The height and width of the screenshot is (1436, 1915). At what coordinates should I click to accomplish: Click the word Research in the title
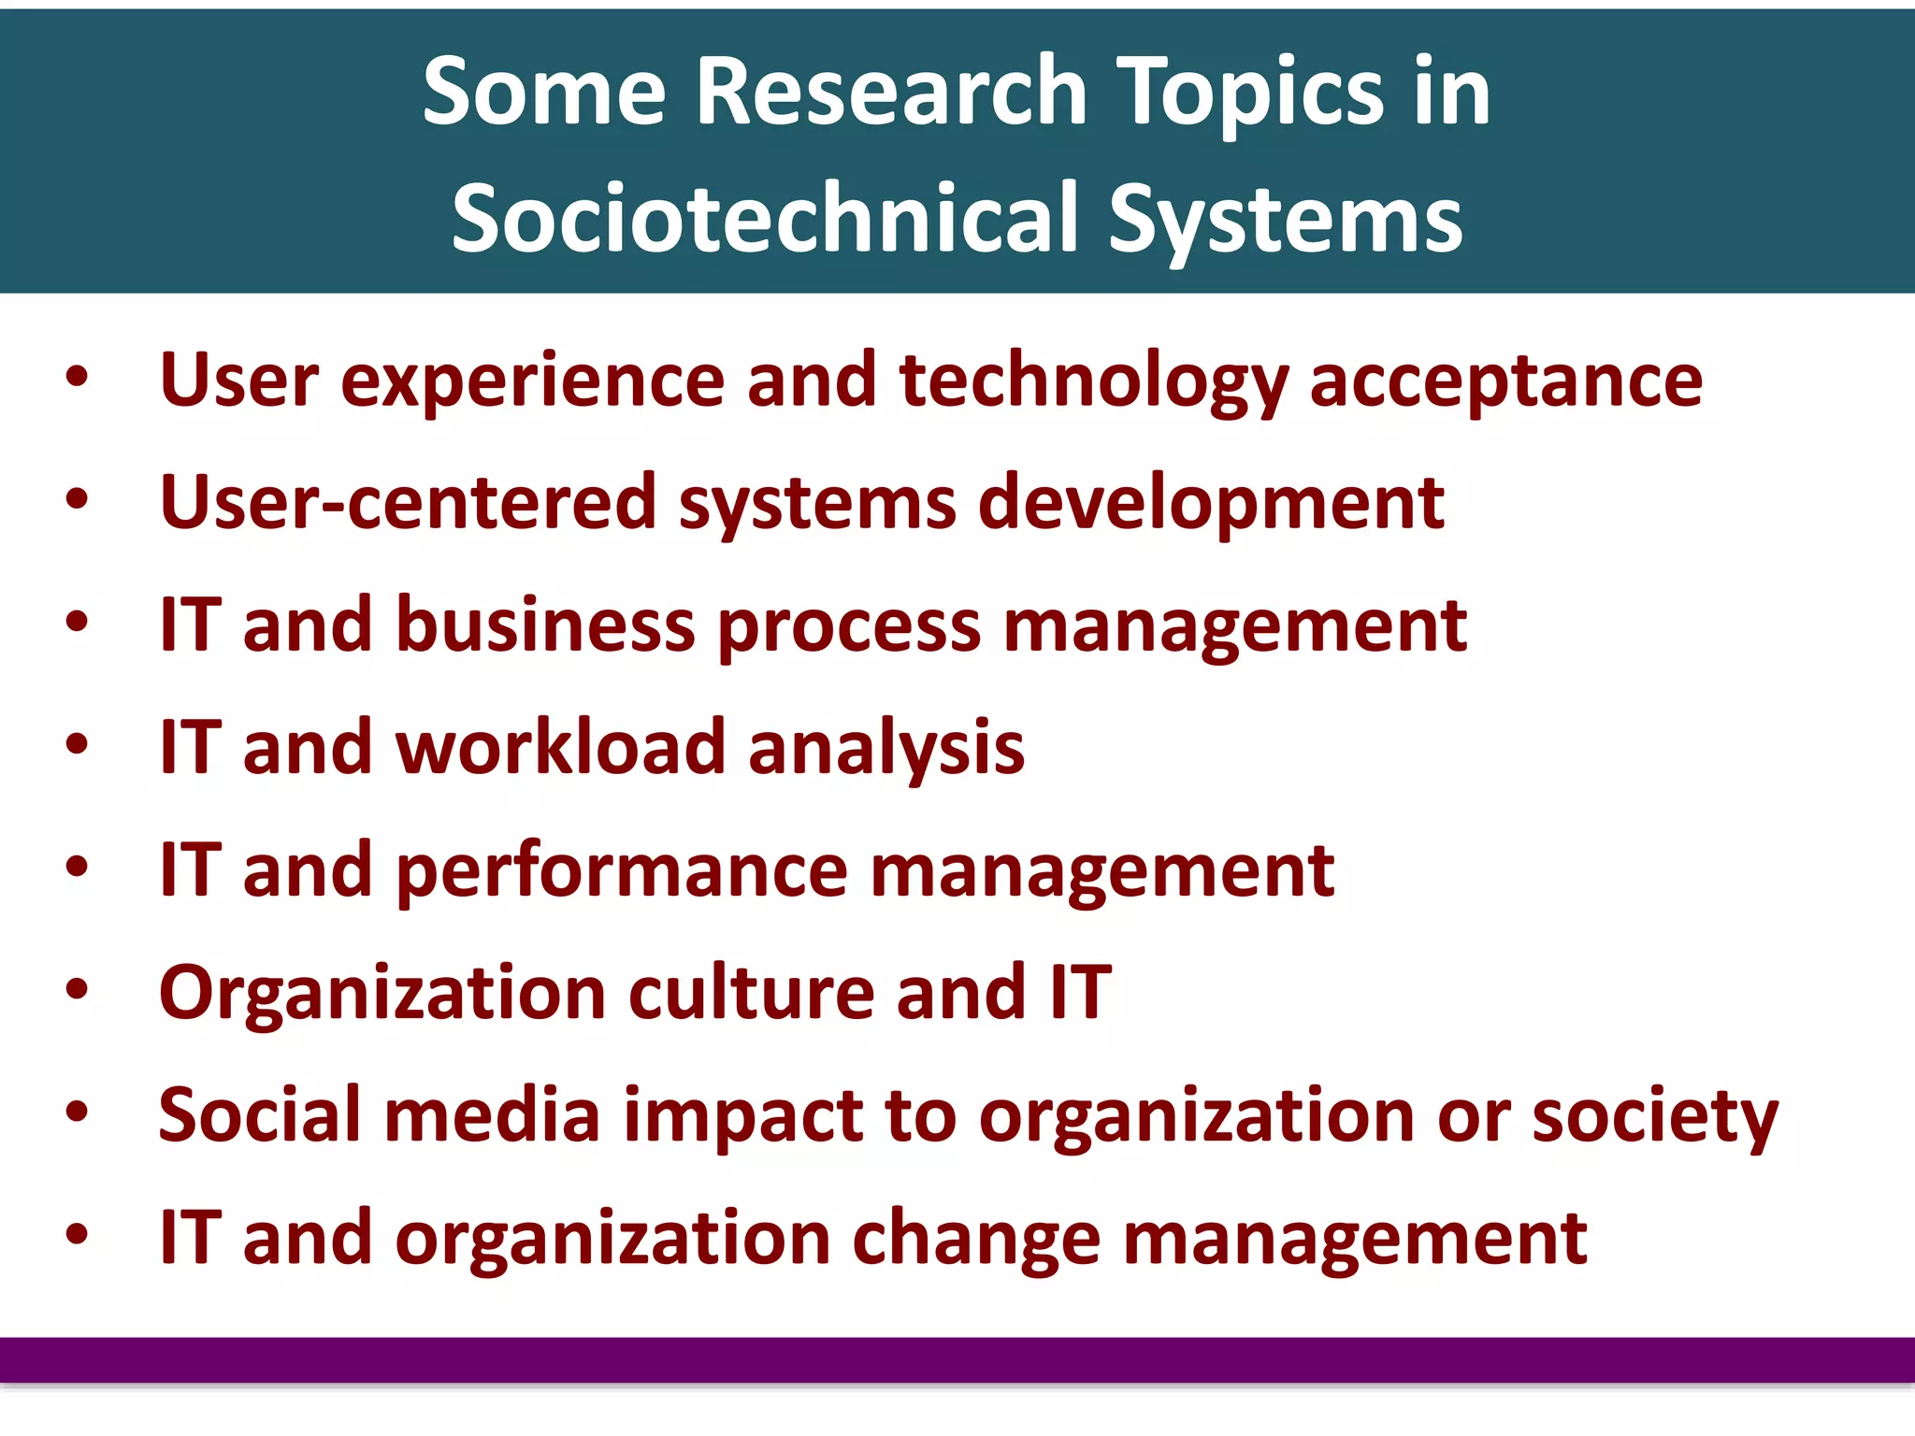[x=892, y=91]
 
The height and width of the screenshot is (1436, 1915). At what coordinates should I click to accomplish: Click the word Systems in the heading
[x=1286, y=221]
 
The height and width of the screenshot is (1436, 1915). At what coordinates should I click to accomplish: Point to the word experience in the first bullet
[x=533, y=381]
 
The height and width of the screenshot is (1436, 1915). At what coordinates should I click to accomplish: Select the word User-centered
[x=408, y=502]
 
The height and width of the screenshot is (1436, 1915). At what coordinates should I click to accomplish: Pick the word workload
[x=561, y=747]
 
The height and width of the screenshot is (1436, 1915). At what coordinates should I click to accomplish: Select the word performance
[x=622, y=871]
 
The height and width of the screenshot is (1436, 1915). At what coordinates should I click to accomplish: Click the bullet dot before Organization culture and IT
[x=78, y=990]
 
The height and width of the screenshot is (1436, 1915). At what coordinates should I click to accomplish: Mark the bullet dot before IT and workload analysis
[x=78, y=745]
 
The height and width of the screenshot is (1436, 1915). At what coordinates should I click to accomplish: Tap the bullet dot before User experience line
[x=78, y=378]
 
